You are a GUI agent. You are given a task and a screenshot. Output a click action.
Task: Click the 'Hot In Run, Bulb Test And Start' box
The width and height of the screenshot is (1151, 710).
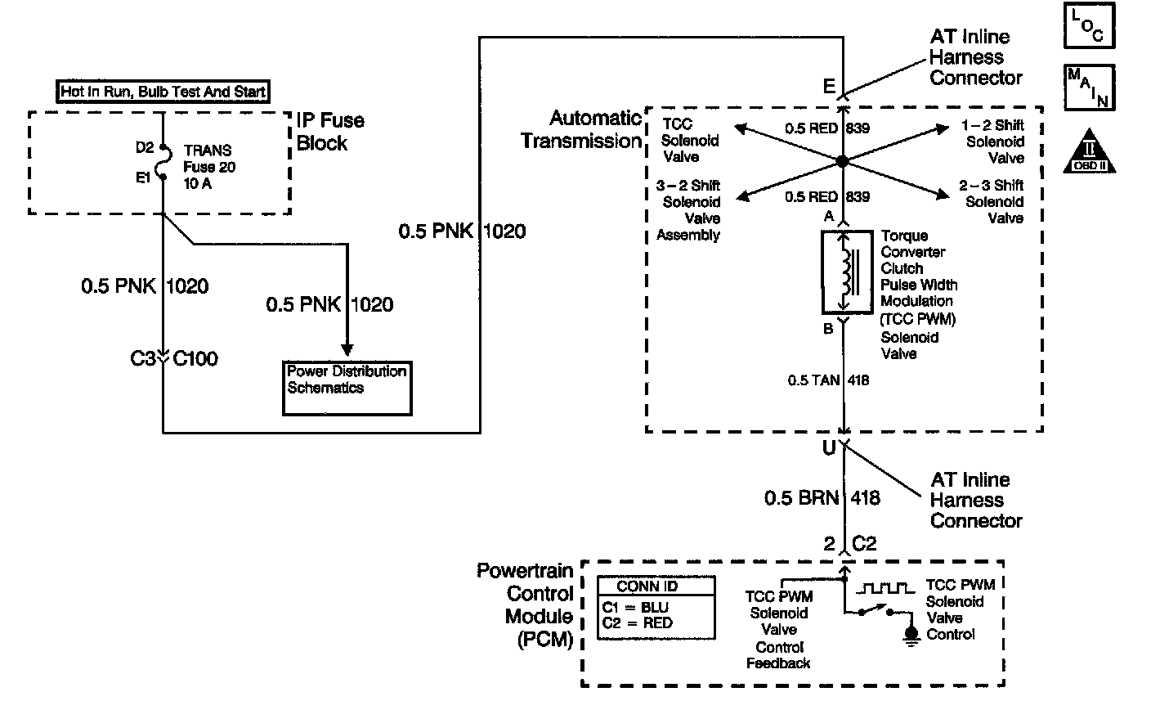[x=163, y=91]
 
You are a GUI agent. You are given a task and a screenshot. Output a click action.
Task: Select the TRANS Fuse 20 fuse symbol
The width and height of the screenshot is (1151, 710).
[x=163, y=163]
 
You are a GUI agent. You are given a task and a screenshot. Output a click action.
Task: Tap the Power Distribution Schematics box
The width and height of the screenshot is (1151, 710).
[x=347, y=387]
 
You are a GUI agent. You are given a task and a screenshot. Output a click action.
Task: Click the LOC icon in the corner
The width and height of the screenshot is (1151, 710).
[x=1089, y=25]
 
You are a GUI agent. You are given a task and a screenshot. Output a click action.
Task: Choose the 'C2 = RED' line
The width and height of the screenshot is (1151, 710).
[x=638, y=623]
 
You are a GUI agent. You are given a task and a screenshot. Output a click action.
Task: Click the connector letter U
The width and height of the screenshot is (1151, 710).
[x=829, y=448]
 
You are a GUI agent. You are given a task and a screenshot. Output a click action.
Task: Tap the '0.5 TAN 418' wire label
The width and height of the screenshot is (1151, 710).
[x=828, y=380]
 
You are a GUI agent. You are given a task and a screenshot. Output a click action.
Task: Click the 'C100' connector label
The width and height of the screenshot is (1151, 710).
[x=196, y=358]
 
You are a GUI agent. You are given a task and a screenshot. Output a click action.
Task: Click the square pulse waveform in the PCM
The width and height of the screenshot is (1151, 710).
[x=885, y=587]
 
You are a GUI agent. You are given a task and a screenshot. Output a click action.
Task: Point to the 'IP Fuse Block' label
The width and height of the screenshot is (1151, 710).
[x=329, y=132]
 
